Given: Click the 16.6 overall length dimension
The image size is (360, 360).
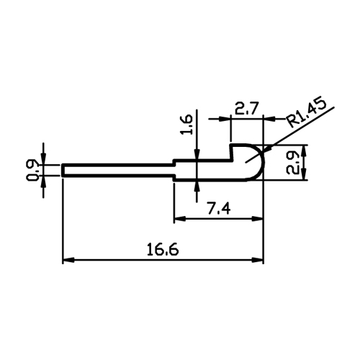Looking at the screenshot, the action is point(163,249).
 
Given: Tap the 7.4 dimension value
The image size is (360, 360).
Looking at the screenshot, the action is point(219,208).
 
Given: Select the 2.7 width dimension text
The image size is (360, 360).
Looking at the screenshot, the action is point(246,108).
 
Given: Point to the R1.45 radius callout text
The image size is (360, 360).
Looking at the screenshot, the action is point(307,113).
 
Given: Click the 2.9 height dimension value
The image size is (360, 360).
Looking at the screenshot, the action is point(292,162).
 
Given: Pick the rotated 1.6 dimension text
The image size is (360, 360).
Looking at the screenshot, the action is point(186,125).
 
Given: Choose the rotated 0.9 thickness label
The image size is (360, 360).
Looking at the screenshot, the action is point(32,170).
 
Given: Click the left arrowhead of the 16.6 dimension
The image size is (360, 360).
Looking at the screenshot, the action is point(68,260).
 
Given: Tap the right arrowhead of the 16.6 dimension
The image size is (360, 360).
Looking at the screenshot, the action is point(258,260).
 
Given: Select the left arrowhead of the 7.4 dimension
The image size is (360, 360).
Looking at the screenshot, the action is point(180,219).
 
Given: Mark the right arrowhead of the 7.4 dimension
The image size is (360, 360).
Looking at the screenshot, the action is point(258,219).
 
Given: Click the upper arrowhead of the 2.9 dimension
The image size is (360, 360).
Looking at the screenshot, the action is point(305,151).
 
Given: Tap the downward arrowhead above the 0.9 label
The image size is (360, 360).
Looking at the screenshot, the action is point(43,158).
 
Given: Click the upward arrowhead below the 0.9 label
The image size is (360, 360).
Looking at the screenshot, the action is point(43,182).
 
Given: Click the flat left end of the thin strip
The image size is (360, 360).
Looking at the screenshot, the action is point(63,171).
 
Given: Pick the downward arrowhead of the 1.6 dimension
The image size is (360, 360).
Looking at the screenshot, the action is point(197,154).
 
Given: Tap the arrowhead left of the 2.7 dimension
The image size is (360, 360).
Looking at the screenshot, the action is point(225,119).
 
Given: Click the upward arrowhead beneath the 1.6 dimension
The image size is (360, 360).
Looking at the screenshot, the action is point(197,186).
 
